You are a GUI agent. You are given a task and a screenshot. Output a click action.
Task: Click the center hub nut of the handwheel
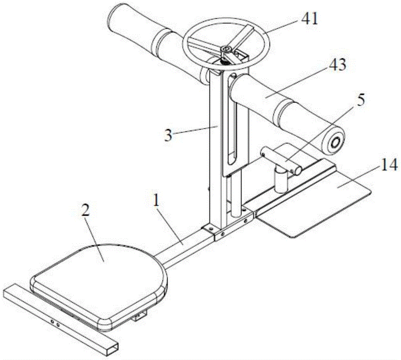225,49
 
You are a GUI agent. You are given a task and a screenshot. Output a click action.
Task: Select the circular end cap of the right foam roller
334,142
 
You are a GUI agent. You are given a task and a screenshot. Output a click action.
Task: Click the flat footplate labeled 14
317,208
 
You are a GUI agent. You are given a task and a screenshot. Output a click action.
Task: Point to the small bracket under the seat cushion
139,317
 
